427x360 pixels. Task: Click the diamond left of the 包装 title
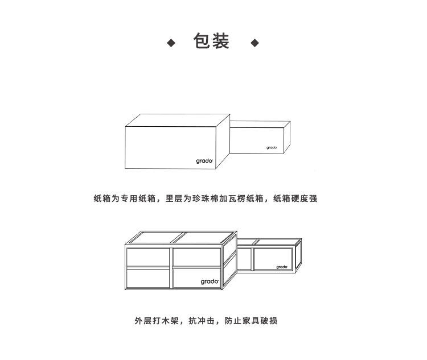coord(170,43)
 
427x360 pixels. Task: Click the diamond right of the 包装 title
coord(254,43)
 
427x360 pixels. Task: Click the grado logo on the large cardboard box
coord(204,161)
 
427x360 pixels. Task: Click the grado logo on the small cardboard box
coord(272,147)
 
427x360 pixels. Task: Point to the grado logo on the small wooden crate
coord(282,266)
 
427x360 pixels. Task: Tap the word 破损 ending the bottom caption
coord(270,321)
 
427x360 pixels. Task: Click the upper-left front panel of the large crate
coord(147,257)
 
